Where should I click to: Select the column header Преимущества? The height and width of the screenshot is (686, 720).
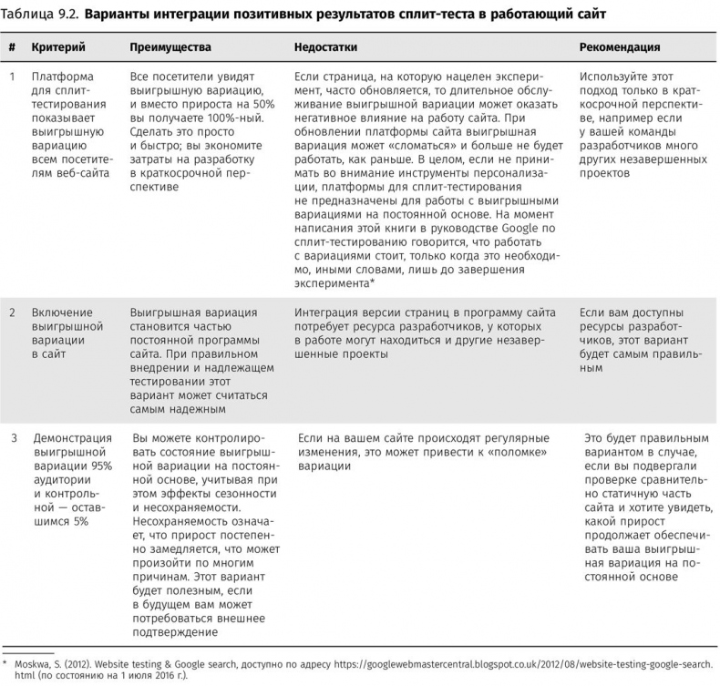coord(170,46)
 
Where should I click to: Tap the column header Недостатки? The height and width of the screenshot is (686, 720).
coord(325,46)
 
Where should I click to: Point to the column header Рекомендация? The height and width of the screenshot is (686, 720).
coord(620,46)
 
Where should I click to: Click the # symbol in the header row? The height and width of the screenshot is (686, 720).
coord(12,46)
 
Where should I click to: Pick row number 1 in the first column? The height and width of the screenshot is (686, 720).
coord(12,77)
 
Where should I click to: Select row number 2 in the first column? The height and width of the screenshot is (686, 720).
coord(12,312)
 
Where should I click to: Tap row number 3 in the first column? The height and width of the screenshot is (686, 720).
coord(13,438)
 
